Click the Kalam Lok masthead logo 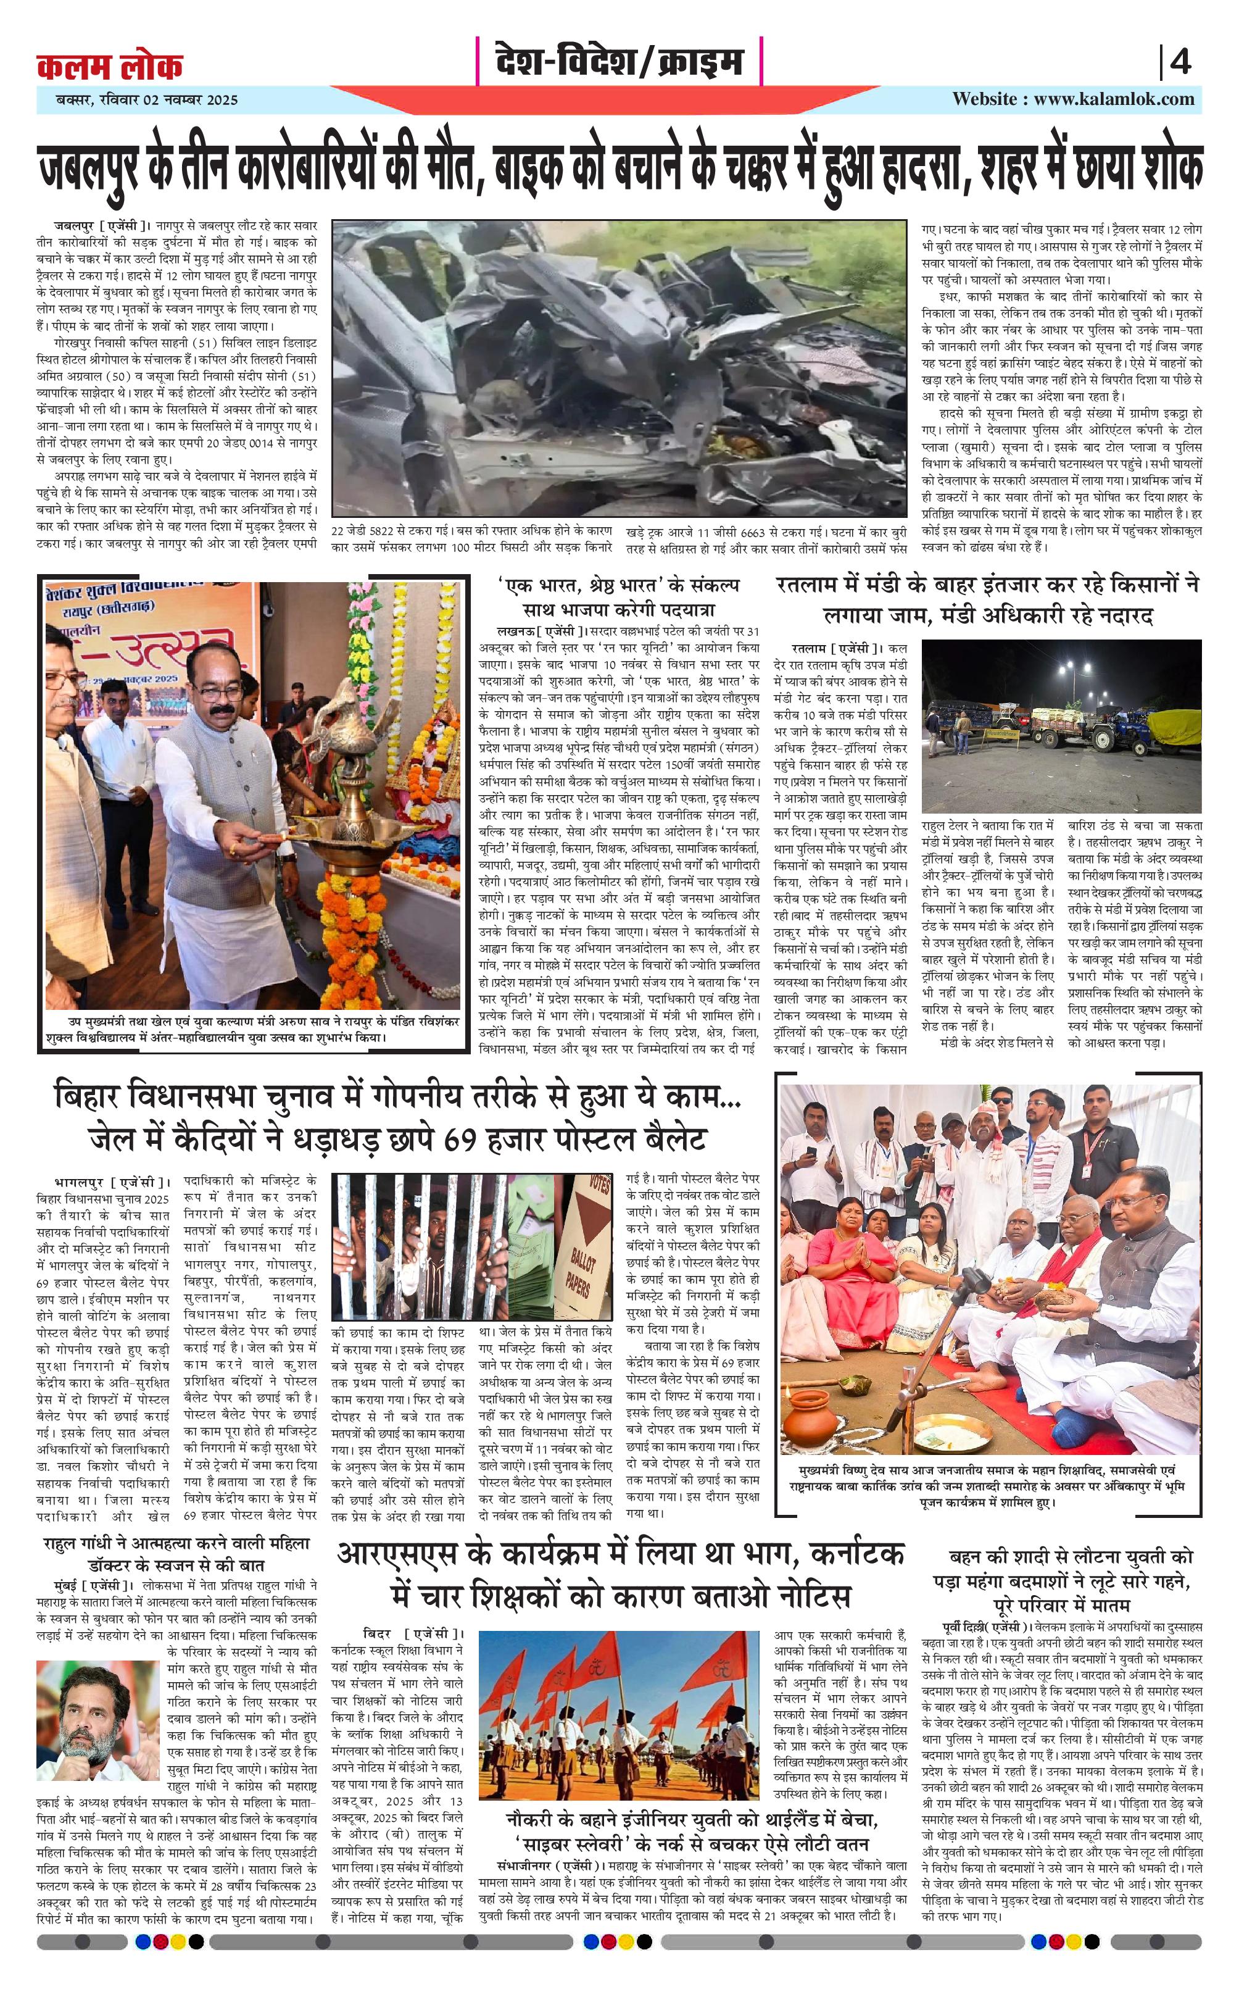(109, 65)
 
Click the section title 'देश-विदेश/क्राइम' (619, 62)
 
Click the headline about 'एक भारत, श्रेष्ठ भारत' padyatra (619, 598)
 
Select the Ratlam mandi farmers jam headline (987, 599)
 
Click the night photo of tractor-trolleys (1061, 725)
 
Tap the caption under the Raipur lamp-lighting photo (254, 1030)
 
